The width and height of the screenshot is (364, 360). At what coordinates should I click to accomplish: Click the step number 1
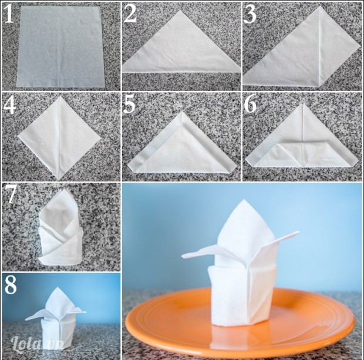point(9,14)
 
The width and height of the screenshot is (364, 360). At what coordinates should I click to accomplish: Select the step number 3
point(250,14)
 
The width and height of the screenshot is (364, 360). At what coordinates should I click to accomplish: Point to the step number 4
point(9,105)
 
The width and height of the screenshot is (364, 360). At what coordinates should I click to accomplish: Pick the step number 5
point(129,105)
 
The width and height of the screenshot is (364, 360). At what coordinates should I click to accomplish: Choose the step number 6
point(250,105)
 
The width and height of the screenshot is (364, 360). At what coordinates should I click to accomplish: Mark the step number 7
point(10,194)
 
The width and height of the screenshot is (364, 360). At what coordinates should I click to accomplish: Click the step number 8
point(11,284)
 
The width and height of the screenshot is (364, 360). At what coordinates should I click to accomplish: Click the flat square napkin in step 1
point(60,46)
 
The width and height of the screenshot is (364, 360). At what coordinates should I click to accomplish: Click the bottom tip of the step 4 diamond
point(59,179)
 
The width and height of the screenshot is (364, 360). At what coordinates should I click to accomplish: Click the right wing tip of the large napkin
point(298,232)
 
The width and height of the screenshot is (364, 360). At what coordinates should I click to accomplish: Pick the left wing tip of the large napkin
point(183,256)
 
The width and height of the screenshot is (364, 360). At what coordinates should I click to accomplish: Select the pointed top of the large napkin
point(243,200)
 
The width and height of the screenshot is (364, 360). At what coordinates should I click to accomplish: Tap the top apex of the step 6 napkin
point(302,104)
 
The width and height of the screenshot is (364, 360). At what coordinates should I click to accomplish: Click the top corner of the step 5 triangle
point(182,112)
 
